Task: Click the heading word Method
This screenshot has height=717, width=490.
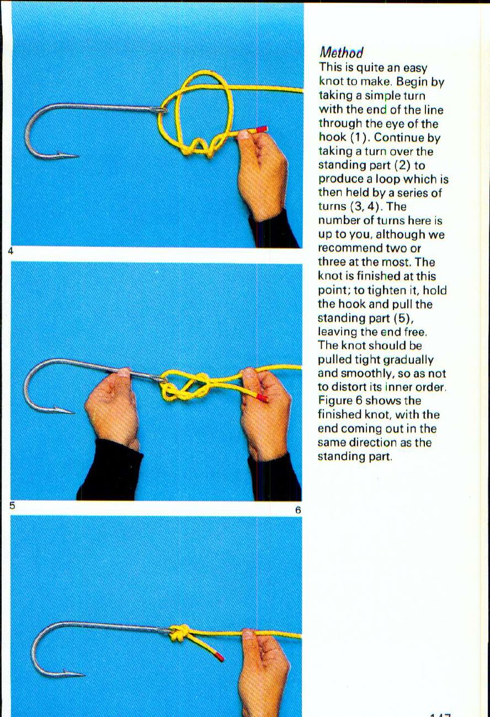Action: point(341,53)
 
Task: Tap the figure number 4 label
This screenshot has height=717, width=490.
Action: point(10,251)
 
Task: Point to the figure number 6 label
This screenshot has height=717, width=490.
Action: point(298,510)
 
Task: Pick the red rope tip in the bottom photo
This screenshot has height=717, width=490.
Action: point(219,656)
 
